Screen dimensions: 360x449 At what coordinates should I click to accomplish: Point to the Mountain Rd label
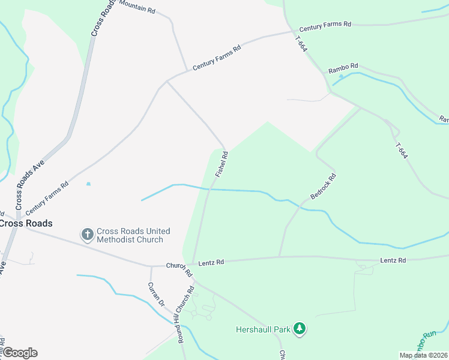[x=137, y=7]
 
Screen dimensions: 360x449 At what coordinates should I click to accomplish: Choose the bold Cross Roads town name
[x=26, y=223]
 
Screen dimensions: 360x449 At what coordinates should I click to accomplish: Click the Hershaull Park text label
[x=262, y=329]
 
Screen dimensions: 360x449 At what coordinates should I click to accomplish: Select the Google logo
[x=20, y=353]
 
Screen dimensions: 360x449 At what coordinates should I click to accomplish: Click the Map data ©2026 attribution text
[x=423, y=355]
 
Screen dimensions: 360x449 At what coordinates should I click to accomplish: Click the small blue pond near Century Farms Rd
[x=89, y=184]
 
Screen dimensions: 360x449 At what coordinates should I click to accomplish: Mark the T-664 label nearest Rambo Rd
[x=301, y=43]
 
